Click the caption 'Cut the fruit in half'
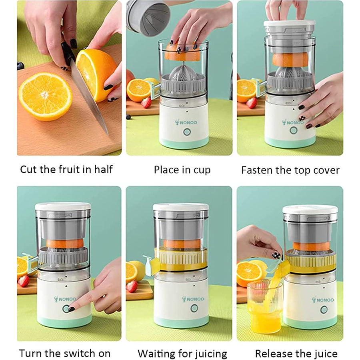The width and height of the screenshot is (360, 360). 66,170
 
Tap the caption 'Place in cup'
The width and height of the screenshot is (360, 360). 182,170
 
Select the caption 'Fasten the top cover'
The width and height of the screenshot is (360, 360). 290,170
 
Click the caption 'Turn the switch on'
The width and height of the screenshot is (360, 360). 65,353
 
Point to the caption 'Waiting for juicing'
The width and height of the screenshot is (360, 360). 182,354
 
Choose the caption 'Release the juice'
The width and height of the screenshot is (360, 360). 296,354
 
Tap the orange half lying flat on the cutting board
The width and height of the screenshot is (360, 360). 46,96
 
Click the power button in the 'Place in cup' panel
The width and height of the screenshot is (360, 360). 187,132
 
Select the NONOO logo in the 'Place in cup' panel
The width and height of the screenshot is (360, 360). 186,122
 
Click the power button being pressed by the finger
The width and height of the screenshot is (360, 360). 66,308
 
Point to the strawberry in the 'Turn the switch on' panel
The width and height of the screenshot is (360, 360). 24,281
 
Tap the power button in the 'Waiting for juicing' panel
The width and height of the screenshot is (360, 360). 194,308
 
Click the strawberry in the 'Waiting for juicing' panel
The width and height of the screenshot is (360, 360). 132,286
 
